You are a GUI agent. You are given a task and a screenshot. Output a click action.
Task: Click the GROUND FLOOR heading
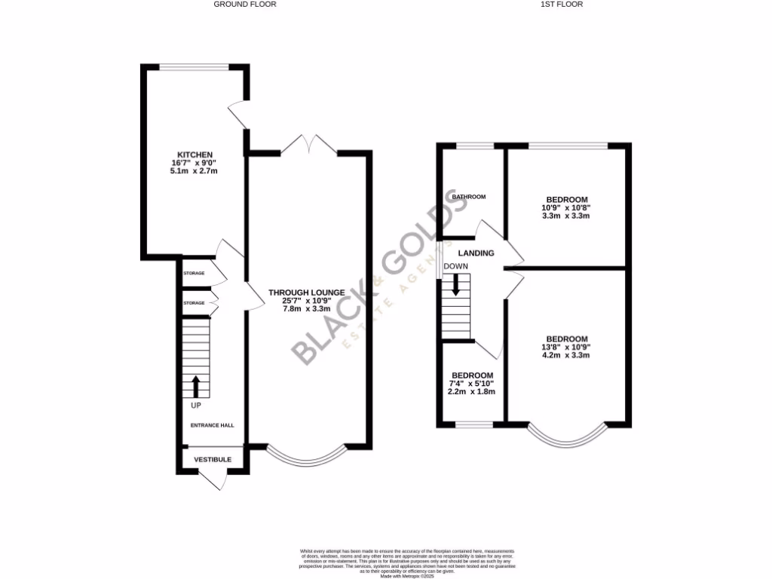coord(244,5)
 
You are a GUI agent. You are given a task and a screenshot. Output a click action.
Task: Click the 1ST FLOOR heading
coord(562,5)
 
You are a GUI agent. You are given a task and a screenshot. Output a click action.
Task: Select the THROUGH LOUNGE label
coord(306,293)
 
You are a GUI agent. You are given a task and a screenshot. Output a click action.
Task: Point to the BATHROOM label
coord(469,197)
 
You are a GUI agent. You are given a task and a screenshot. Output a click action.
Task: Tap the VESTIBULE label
coord(213,459)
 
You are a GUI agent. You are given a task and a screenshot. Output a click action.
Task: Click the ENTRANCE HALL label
coord(211,425)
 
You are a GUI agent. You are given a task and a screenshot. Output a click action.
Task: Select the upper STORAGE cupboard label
coord(194,273)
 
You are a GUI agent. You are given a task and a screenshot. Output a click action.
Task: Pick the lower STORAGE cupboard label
coord(194,303)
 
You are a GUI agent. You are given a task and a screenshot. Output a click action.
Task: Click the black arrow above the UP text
coord(196,386)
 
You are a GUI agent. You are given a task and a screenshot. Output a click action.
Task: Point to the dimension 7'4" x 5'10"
coord(472,384)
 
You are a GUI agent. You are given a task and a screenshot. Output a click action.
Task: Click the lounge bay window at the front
coord(306,457)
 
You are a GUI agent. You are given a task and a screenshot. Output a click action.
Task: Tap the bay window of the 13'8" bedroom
coord(567,437)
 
